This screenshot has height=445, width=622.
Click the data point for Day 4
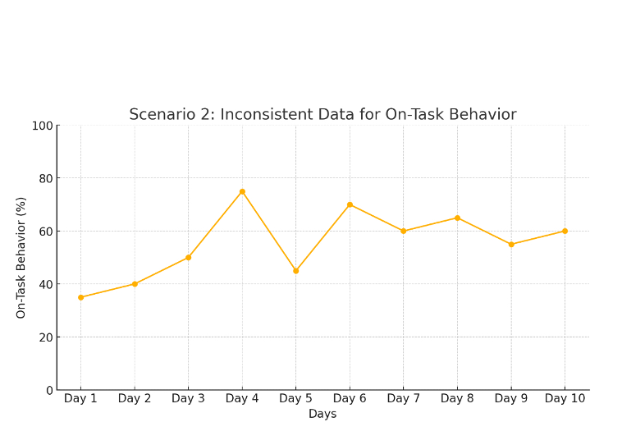[x=242, y=191]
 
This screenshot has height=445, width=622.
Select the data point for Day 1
[x=80, y=297]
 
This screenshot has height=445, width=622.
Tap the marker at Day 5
[x=295, y=271]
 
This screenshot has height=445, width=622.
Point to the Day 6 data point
[x=350, y=204]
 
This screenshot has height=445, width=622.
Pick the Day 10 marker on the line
[x=565, y=231]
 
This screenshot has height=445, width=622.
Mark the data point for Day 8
[x=457, y=218]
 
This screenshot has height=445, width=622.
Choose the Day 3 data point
[x=188, y=258]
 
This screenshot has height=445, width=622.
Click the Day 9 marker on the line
[x=511, y=245]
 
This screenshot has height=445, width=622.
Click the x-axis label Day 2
[x=135, y=399]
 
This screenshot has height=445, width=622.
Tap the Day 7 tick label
[x=403, y=399]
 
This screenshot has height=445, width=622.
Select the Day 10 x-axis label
[x=565, y=399]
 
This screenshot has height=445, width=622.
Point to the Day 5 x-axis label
[x=295, y=399]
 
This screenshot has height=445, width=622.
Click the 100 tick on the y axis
[x=42, y=126]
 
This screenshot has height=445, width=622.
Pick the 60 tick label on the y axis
[x=45, y=232]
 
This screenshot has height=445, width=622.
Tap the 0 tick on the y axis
[x=48, y=390]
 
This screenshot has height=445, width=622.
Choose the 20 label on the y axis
[x=45, y=337]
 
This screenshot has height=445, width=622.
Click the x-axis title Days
[x=322, y=415]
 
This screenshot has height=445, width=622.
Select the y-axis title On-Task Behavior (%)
[x=21, y=258]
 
